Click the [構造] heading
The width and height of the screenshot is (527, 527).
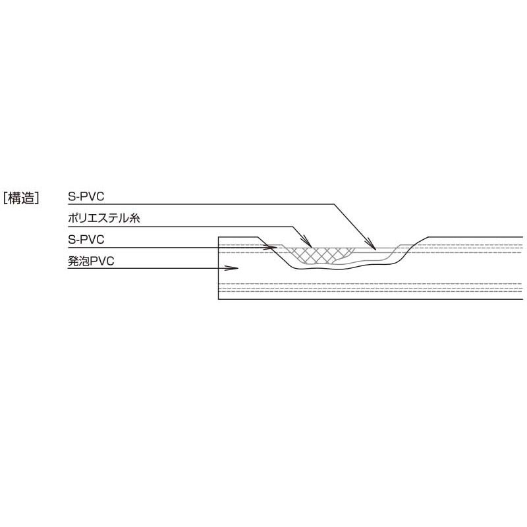[x=21, y=198]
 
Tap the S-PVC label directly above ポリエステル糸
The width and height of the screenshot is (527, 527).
[x=86, y=197]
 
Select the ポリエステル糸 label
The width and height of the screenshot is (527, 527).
[x=104, y=219]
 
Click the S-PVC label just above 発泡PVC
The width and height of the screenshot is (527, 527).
[x=86, y=240]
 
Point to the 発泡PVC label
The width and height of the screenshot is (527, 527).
[x=91, y=261]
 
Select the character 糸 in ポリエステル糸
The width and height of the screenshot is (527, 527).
[x=135, y=219]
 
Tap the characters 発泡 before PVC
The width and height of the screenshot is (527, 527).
[x=79, y=261]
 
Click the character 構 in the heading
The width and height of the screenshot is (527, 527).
[x=14, y=198]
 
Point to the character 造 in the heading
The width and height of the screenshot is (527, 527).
[x=28, y=198]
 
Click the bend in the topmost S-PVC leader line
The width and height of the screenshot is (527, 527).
[x=334, y=204]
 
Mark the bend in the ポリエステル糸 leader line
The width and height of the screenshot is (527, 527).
[x=292, y=227]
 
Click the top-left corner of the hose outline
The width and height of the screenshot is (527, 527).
[x=219, y=237]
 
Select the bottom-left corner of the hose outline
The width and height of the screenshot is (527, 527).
[x=219, y=299]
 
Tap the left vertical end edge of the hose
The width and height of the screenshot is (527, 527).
[x=219, y=268]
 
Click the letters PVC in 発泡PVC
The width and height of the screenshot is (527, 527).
[x=103, y=261]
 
